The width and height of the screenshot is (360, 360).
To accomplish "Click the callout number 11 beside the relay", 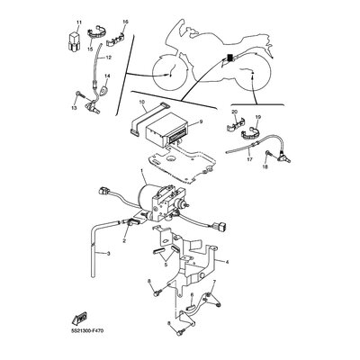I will [78, 21].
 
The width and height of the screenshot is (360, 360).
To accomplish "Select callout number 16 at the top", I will [124, 21].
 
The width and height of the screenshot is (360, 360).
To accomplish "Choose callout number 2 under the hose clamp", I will [123, 242].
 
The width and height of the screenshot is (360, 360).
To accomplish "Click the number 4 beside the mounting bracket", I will [228, 263].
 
